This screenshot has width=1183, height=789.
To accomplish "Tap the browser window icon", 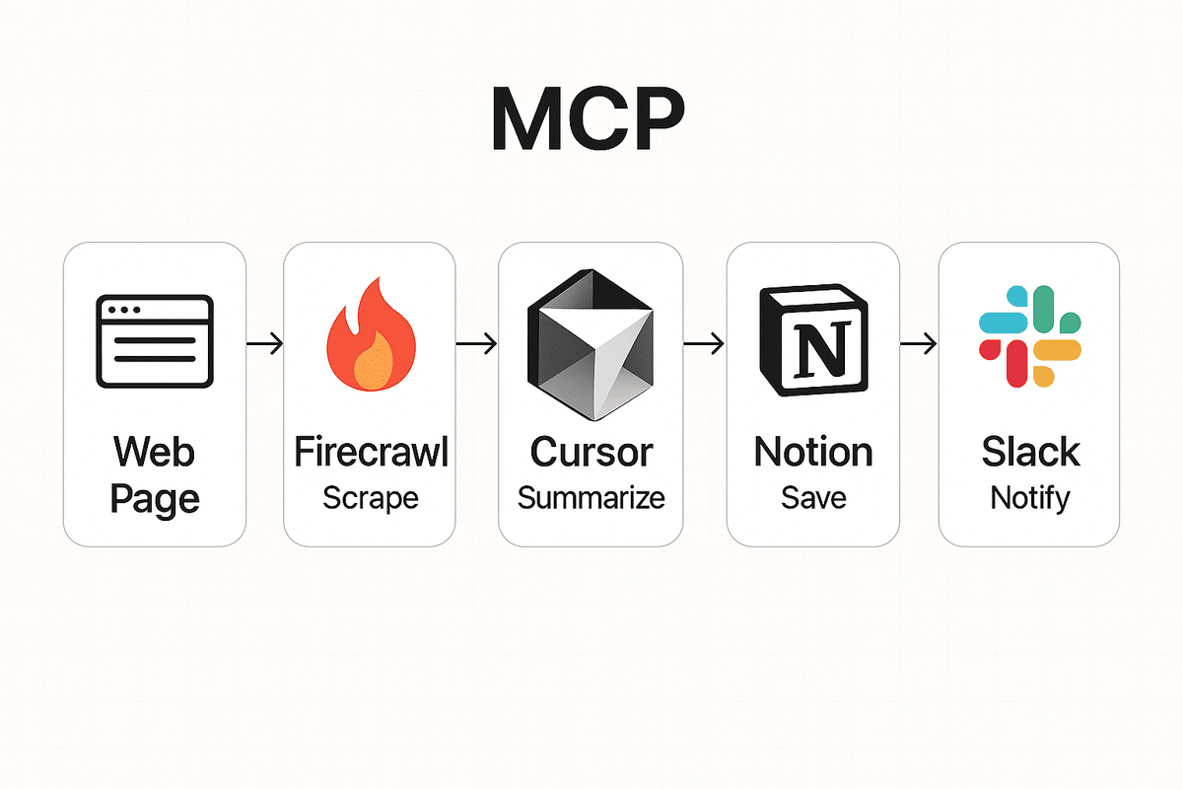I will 154,340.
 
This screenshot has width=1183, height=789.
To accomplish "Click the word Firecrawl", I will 371,453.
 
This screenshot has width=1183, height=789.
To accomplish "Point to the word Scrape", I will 371,497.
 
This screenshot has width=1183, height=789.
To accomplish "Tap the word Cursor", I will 591,453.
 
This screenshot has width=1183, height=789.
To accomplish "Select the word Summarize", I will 591,497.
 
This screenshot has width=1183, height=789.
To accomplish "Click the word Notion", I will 813,453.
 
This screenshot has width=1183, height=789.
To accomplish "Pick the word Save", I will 813,497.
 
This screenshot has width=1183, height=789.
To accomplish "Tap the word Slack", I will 1030,453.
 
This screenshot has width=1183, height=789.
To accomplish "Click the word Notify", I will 1030,497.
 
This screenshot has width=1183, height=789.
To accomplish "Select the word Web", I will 154,453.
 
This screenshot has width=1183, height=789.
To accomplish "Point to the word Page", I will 154,499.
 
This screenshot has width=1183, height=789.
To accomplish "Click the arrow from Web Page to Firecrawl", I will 264,343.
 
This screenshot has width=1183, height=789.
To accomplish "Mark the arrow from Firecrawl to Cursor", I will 477,343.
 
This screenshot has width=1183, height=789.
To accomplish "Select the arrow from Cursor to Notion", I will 704,343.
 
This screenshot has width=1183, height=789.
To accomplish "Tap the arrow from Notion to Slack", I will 919,343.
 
